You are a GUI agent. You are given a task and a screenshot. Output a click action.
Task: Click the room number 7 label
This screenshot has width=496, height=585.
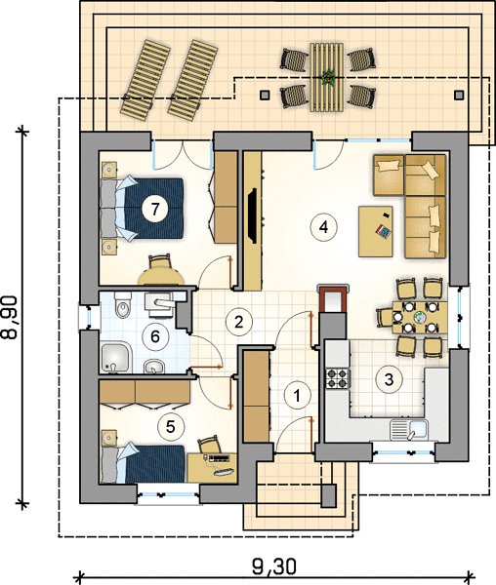pyautogui.click(x=155, y=209)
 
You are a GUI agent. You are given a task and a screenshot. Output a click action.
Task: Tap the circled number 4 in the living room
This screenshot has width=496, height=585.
pyautogui.click(x=324, y=227)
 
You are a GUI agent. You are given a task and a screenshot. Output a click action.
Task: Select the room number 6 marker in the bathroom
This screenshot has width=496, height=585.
pyautogui.click(x=155, y=336)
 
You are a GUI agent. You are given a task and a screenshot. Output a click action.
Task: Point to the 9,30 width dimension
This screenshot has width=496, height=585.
pyautogui.click(x=274, y=566)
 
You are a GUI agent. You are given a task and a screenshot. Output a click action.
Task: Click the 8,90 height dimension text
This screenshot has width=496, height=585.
pyautogui.click(x=10, y=318)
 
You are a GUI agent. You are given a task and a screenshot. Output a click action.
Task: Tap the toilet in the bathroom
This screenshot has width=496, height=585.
pyautogui.click(x=122, y=304)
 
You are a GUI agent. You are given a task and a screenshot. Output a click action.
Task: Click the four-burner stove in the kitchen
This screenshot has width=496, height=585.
pyautogui.click(x=338, y=378)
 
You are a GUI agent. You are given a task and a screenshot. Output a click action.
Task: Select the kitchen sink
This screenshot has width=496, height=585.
pyautogui.click(x=409, y=430)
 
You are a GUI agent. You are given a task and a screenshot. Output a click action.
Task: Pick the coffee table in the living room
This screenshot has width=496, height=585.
pyautogui.click(x=375, y=231)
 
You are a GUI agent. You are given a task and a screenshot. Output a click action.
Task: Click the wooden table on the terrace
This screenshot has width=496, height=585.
pyautogui.click(x=326, y=77)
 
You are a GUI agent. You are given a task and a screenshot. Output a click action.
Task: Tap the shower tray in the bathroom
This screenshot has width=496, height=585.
pyautogui.click(x=116, y=358)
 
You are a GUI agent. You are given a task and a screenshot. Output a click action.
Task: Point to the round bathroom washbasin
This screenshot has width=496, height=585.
pyautogui.click(x=153, y=366)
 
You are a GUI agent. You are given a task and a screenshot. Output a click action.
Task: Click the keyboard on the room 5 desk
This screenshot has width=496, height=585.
pyautogui.click(x=224, y=471)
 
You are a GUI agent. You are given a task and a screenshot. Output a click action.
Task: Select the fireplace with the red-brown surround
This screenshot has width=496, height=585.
pyautogui.click(x=333, y=297)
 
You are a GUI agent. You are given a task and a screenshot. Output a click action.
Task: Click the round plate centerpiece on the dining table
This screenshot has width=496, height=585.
pyautogui.click(x=421, y=317)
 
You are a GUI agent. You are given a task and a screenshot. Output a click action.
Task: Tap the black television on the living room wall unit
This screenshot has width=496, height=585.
pyautogui.click(x=253, y=216)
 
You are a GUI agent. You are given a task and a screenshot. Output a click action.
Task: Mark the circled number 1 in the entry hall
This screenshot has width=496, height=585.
pyautogui.click(x=297, y=396)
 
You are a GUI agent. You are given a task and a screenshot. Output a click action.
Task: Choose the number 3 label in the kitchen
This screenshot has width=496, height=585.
pyautogui.click(x=389, y=379)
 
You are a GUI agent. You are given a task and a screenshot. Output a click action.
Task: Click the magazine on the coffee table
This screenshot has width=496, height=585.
pyautogui.click(x=383, y=232)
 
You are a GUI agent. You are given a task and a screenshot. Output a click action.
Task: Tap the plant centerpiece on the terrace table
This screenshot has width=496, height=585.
pyautogui.click(x=327, y=78)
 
